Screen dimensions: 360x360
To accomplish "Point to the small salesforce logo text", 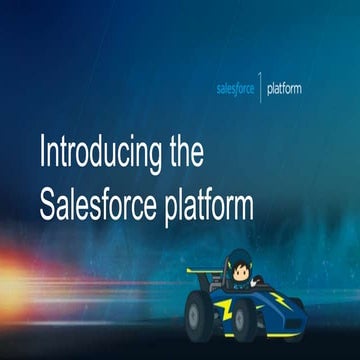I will (237, 89).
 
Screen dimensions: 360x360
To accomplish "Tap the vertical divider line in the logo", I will (262, 88).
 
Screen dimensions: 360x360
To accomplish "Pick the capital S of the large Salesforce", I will (50, 204).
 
